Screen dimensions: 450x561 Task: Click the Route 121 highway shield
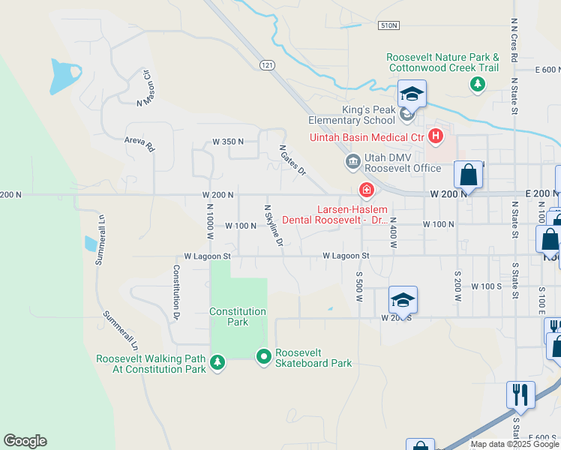pyautogui.click(x=267, y=65)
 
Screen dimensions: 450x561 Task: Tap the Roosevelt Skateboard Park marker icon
pyautogui.click(x=263, y=358)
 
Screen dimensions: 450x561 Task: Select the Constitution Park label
pyautogui.click(x=238, y=316)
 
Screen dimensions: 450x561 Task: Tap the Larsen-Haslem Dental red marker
pyautogui.click(x=367, y=190)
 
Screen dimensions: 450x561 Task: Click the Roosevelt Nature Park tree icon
pyautogui.click(x=477, y=84)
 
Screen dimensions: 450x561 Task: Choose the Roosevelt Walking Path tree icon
pyautogui.click(x=217, y=363)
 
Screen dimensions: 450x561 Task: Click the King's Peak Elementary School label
pyautogui.click(x=368, y=115)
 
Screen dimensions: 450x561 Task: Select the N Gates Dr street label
pyautogui.click(x=293, y=160)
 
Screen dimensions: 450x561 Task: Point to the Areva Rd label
pyautogui.click(x=139, y=143)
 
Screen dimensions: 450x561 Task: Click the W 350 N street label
pyautogui.click(x=228, y=141)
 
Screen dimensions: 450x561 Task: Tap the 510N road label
pyautogui.click(x=388, y=25)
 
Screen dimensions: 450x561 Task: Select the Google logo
pyautogui.click(x=25, y=441)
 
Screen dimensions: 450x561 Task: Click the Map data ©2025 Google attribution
pyautogui.click(x=514, y=444)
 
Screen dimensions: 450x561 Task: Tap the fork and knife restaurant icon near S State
pyautogui.click(x=520, y=393)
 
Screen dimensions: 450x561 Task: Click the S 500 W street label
pyautogui.click(x=359, y=283)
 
